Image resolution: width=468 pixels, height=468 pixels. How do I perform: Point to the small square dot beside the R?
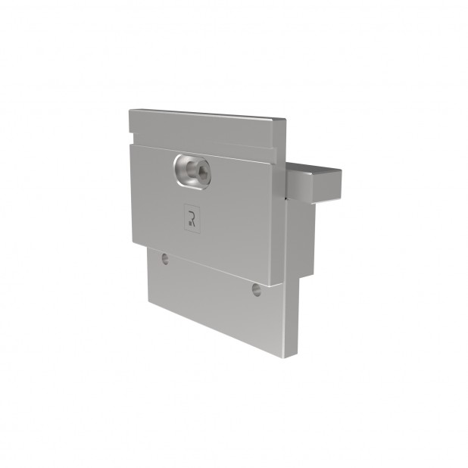pyautogui.click(x=190, y=223)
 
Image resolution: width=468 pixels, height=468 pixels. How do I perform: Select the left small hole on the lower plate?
pyautogui.click(x=165, y=259)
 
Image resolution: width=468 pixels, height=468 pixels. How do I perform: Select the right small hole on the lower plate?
pyautogui.click(x=257, y=290)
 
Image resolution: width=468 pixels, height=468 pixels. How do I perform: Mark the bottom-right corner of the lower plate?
pyautogui.click(x=282, y=358)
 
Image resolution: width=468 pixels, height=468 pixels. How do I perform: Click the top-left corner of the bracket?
pyautogui.click(x=129, y=110)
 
